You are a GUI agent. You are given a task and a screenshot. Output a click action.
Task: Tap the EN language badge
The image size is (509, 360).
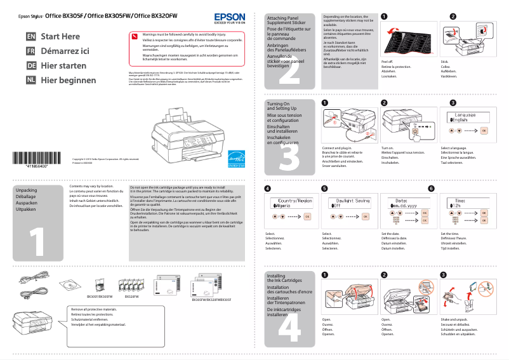click(30, 37)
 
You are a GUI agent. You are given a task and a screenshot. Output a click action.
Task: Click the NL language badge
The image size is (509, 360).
click(30, 81)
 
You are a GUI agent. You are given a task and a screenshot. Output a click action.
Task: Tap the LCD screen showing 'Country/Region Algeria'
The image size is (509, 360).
click(289, 203)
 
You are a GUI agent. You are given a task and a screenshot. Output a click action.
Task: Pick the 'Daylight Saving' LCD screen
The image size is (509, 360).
click(348, 203)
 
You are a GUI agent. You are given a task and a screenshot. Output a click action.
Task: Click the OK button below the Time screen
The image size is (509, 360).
click(484, 217)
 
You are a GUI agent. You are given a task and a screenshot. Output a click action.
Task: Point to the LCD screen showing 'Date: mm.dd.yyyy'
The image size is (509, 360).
click(406, 203)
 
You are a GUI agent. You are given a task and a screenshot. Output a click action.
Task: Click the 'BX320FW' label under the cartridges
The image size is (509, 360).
click(132, 297)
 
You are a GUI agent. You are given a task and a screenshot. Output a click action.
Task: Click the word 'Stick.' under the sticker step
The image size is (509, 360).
click(444, 61)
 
